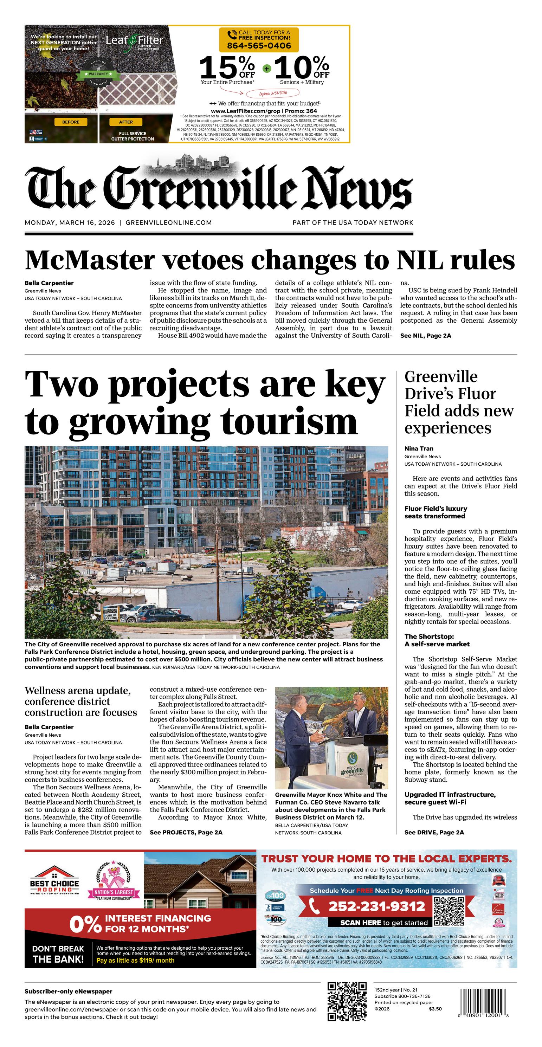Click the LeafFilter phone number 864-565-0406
click(x=259, y=46)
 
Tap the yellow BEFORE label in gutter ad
click(x=71, y=122)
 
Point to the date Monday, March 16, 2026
click(x=70, y=223)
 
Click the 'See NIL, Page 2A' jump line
click(x=425, y=336)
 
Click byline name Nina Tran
click(x=418, y=449)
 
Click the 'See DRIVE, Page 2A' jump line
click(x=434, y=832)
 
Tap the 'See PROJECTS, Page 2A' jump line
click(x=186, y=832)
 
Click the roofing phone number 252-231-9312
click(x=376, y=906)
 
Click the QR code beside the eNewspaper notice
click(x=347, y=1002)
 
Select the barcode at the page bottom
click(x=484, y=1002)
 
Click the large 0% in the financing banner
click(x=85, y=924)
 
